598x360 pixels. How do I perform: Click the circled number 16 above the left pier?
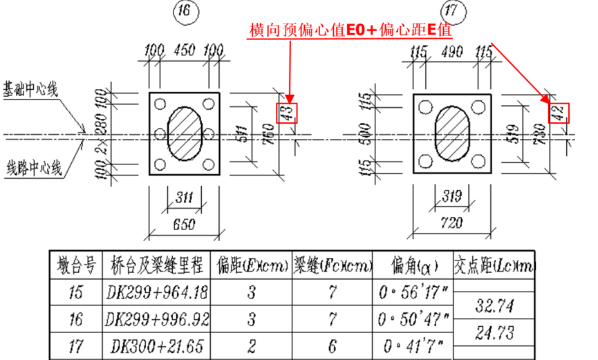point(185,12)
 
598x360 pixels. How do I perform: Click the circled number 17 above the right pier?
point(454,11)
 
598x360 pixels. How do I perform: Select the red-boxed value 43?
point(286,113)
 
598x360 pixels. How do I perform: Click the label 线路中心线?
point(35,168)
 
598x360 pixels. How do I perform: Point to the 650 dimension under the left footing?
point(184,225)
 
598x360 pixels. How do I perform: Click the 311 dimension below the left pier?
point(183,198)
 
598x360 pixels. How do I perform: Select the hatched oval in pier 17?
point(453,133)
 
